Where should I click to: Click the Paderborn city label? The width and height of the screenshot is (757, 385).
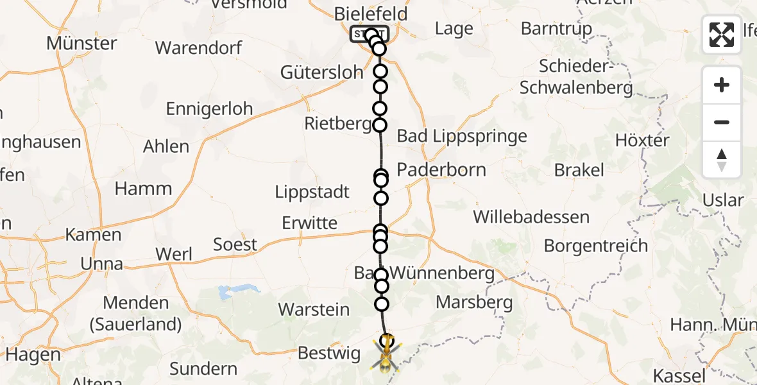coord(441,170)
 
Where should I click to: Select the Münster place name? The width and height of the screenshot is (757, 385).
coord(81,44)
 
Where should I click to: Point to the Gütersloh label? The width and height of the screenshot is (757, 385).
coord(321,72)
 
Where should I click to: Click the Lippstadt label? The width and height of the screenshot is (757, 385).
coord(312,192)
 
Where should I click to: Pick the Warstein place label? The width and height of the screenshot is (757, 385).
coord(314,309)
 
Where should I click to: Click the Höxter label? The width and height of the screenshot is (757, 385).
coord(642,140)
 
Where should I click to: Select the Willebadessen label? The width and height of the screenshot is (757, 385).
coord(531,217)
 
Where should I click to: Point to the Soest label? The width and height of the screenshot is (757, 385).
coord(235,244)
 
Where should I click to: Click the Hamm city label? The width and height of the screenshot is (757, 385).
coord(143,189)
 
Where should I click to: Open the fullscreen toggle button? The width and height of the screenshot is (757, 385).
coord(722,35)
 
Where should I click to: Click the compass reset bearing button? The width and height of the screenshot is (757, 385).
coord(722,160)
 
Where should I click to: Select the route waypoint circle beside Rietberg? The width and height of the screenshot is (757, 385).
coord(380,125)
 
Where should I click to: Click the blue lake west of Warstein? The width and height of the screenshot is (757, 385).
coord(226,293)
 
